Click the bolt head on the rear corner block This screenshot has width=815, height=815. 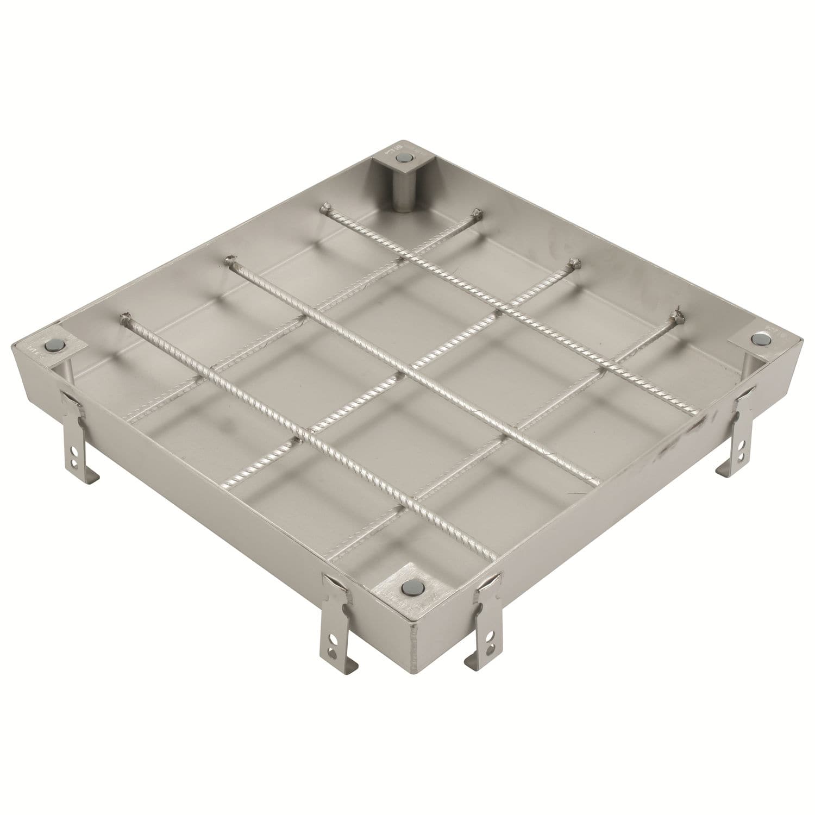[404, 157]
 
